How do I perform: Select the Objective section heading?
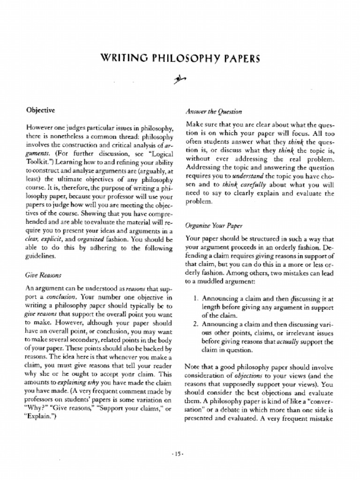[40, 110]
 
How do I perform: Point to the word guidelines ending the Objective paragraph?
[41, 256]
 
